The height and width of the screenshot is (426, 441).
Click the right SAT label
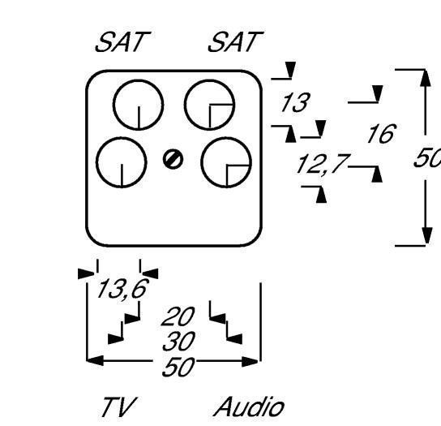coord(235,44)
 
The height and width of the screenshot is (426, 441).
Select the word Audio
coord(249,407)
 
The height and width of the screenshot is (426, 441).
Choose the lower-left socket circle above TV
coord(121,163)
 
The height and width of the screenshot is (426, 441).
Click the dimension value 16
coord(380,135)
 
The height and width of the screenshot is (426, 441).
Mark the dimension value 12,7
coord(320,166)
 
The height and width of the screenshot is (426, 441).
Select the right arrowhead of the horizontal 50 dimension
coord(252,360)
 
